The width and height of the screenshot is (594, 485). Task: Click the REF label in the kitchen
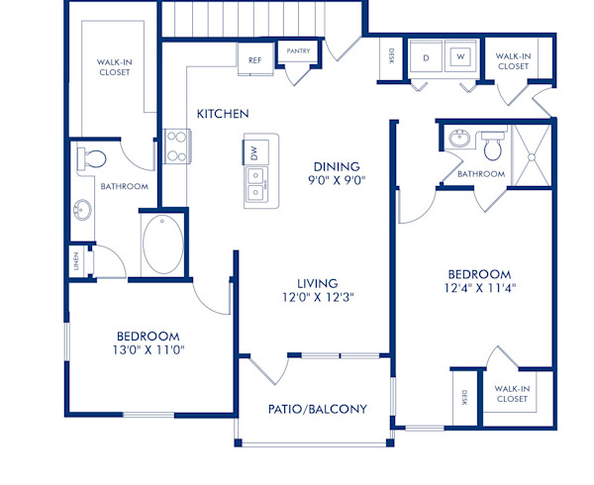255,60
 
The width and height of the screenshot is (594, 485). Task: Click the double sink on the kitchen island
255,185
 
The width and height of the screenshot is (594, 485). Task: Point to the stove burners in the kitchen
176,146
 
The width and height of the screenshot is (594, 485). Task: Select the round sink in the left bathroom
81,211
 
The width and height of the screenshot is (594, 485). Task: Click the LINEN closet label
76,262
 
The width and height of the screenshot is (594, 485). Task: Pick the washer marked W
460,57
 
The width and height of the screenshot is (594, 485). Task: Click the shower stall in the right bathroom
536,154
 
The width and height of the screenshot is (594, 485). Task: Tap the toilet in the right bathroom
492,147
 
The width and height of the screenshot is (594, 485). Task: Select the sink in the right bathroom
457,139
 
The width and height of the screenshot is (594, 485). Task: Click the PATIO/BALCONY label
318,409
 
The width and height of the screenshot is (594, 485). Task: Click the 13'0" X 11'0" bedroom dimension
148,349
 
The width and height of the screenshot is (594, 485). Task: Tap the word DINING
337,166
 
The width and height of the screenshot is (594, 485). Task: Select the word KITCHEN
223,114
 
